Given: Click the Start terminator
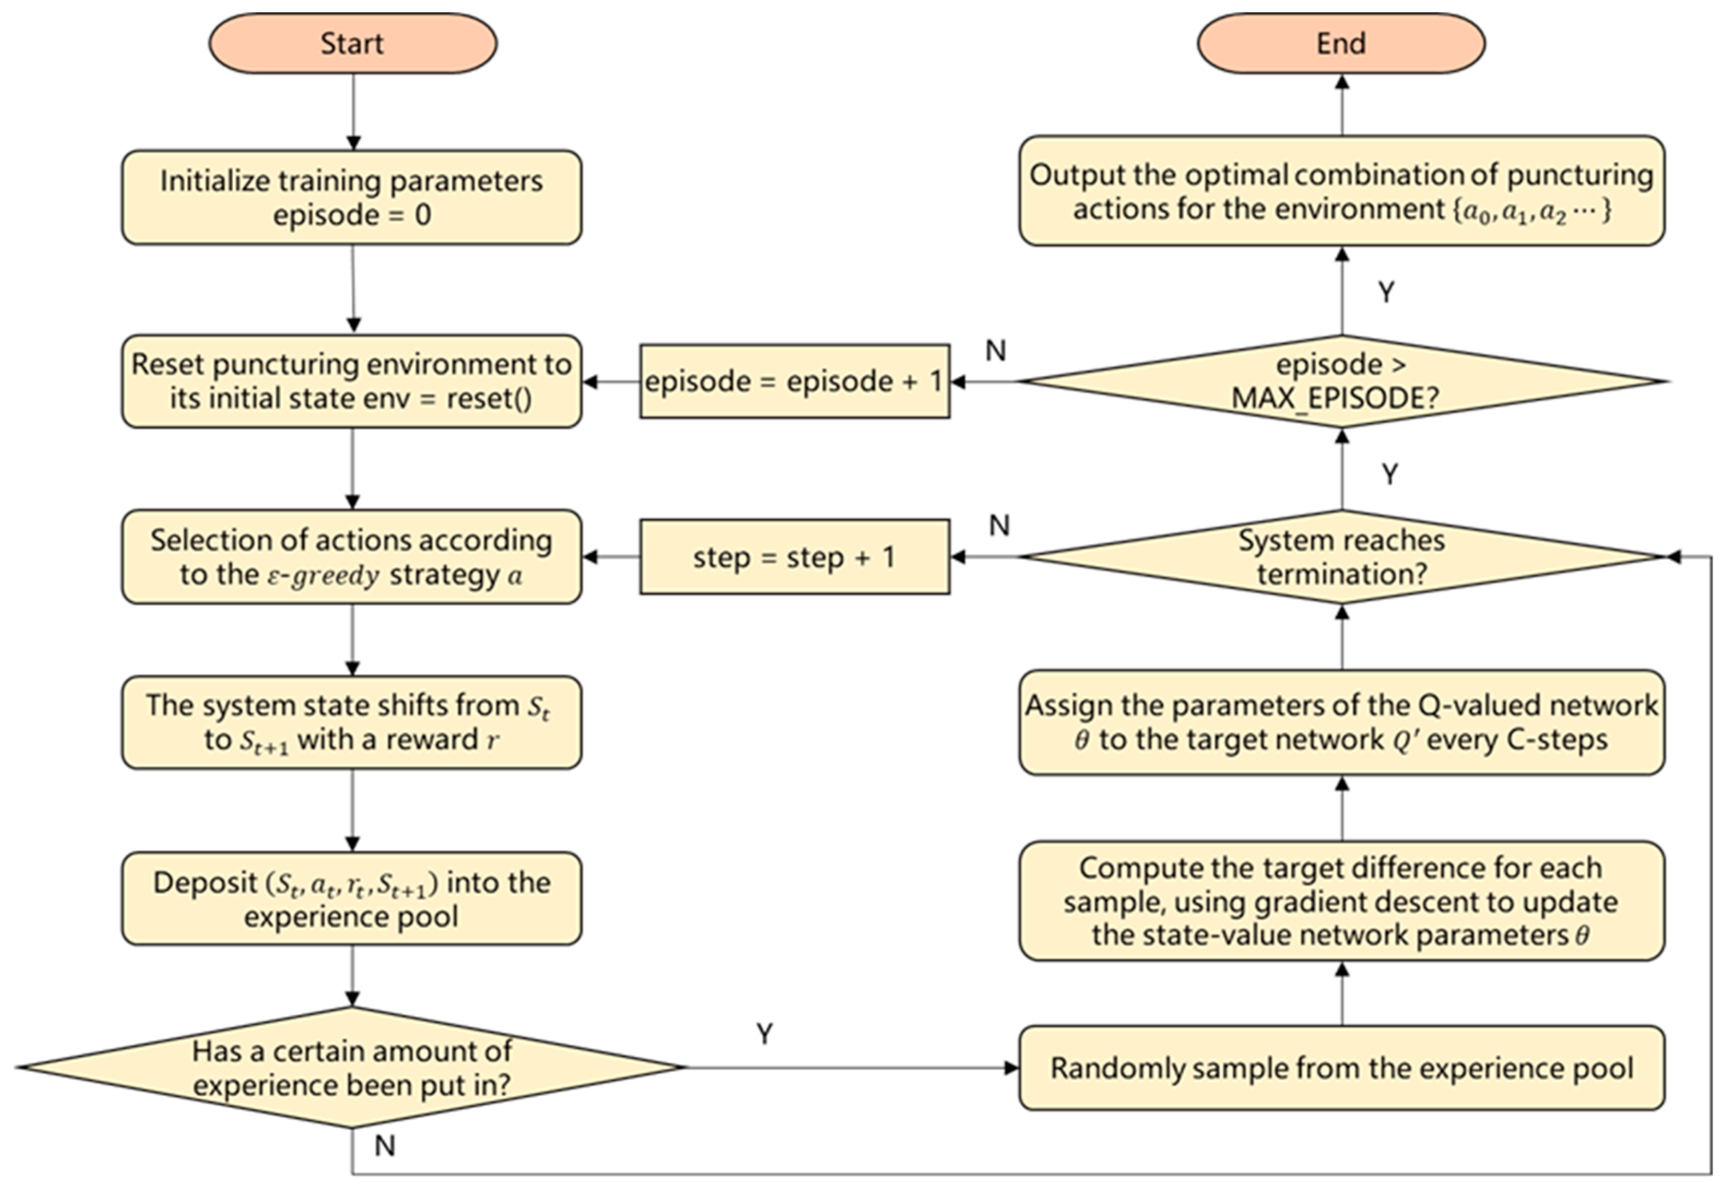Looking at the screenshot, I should pyautogui.click(x=352, y=43).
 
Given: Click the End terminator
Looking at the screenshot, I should pyautogui.click(x=1340, y=43).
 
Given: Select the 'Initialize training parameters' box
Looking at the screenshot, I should pyautogui.click(x=351, y=198).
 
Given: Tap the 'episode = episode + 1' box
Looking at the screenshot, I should pyautogui.click(x=795, y=381).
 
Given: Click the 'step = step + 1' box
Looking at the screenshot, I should pyautogui.click(x=795, y=557).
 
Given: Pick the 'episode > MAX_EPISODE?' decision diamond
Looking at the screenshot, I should pyautogui.click(x=1340, y=381).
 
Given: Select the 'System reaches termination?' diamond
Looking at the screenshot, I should pyautogui.click(x=1340, y=557).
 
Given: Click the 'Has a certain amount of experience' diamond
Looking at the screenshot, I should pyautogui.click(x=351, y=1067).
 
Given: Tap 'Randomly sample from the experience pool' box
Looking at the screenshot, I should pyautogui.click(x=1340, y=1068).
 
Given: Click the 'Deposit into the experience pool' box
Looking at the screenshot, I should pyautogui.click(x=351, y=898).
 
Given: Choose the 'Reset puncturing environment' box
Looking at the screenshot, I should pyautogui.click(x=351, y=381).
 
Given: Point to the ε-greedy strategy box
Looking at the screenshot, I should pyautogui.click(x=351, y=557).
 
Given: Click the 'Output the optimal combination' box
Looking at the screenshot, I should pyautogui.click(x=1340, y=191).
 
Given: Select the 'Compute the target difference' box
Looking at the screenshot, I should pyautogui.click(x=1340, y=901).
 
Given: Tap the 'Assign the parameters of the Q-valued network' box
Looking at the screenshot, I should pyautogui.click(x=1340, y=722).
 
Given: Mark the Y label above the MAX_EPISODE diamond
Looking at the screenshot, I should pyautogui.click(x=1385, y=292).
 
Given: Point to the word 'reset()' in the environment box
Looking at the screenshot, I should pyautogui.click(x=489, y=399).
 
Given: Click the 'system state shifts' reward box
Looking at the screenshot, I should pyautogui.click(x=351, y=722).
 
